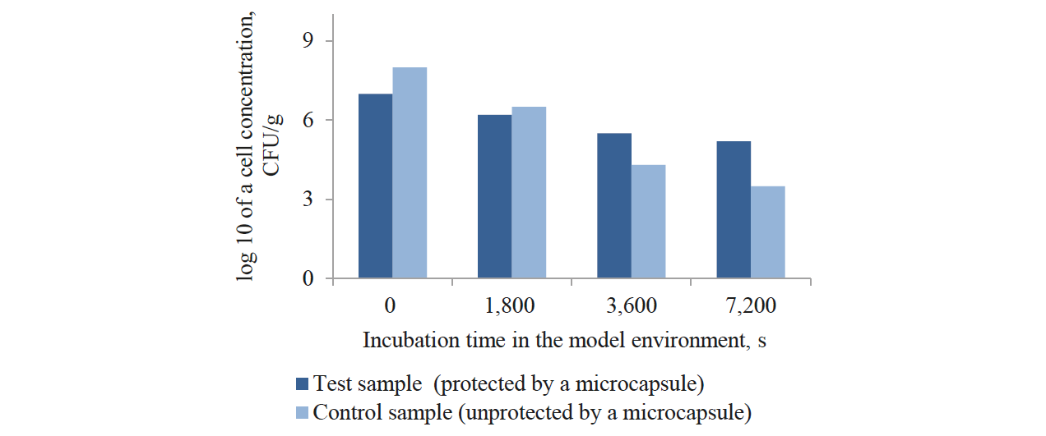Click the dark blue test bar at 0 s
pyautogui.click(x=375, y=186)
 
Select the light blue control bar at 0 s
pyautogui.click(x=410, y=173)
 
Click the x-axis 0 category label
pyautogui.click(x=391, y=306)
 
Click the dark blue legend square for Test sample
pyautogui.click(x=303, y=383)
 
